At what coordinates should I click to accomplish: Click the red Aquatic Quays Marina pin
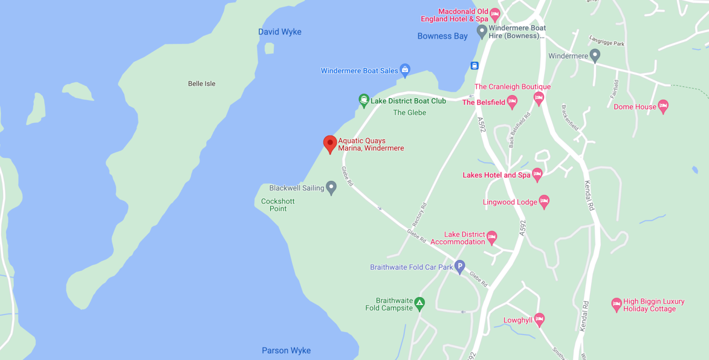pos(330,144)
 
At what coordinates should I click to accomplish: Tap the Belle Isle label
pos(202,84)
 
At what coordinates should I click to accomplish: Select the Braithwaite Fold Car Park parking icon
pos(459,267)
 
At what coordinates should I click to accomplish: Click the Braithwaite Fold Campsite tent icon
pos(419,304)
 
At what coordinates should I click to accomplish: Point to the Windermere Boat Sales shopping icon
pos(405,70)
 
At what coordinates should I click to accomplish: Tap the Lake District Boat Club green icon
pos(364,100)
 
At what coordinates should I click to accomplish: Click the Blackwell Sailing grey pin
pos(331,187)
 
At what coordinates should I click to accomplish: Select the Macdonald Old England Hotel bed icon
pos(495,14)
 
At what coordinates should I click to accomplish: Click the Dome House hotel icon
pos(663,106)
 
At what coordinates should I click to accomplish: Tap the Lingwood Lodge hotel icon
pos(544,201)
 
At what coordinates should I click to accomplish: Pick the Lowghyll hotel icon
pos(539,319)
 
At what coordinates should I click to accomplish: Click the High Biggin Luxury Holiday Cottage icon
pos(616,305)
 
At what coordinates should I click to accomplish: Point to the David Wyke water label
pos(280,32)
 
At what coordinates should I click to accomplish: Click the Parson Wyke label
pos(286,350)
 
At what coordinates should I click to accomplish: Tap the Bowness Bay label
pos(442,36)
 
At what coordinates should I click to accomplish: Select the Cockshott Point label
pos(278,205)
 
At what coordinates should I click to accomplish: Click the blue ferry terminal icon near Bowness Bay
pos(474,65)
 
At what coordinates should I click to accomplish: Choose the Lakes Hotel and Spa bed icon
pos(537,174)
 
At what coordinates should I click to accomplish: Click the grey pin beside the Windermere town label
pos(595,55)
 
